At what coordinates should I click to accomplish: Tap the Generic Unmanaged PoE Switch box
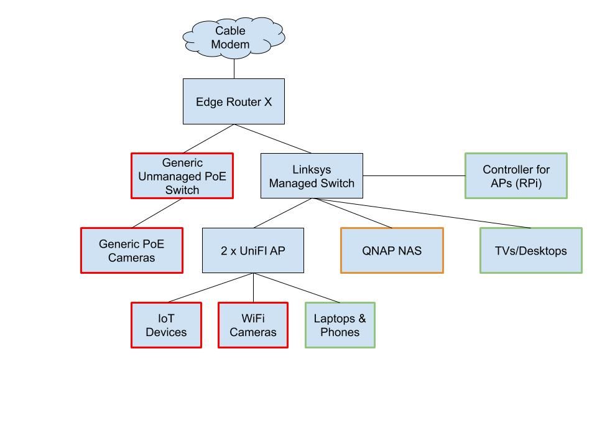click(x=182, y=176)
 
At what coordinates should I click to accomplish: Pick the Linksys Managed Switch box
click(x=312, y=176)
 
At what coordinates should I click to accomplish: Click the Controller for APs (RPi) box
click(x=516, y=176)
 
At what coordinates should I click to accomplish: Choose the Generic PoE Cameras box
click(x=132, y=250)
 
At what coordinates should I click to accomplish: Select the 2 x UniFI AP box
click(x=253, y=250)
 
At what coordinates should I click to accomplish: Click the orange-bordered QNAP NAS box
click(x=392, y=250)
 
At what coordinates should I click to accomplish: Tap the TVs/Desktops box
click(x=530, y=250)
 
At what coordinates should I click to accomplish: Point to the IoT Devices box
click(x=166, y=325)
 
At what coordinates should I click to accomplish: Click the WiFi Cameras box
click(x=253, y=325)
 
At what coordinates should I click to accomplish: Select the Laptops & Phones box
click(x=340, y=325)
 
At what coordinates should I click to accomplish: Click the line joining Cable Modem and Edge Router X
click(x=234, y=68)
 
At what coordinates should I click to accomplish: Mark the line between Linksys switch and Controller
click(x=414, y=176)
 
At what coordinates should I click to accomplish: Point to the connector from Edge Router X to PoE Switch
click(x=208, y=139)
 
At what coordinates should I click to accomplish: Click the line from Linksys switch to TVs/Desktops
click(x=423, y=213)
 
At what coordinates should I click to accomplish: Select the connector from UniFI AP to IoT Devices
click(x=210, y=288)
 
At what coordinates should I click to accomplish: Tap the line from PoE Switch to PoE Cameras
click(x=157, y=213)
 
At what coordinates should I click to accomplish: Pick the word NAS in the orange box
click(x=410, y=251)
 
